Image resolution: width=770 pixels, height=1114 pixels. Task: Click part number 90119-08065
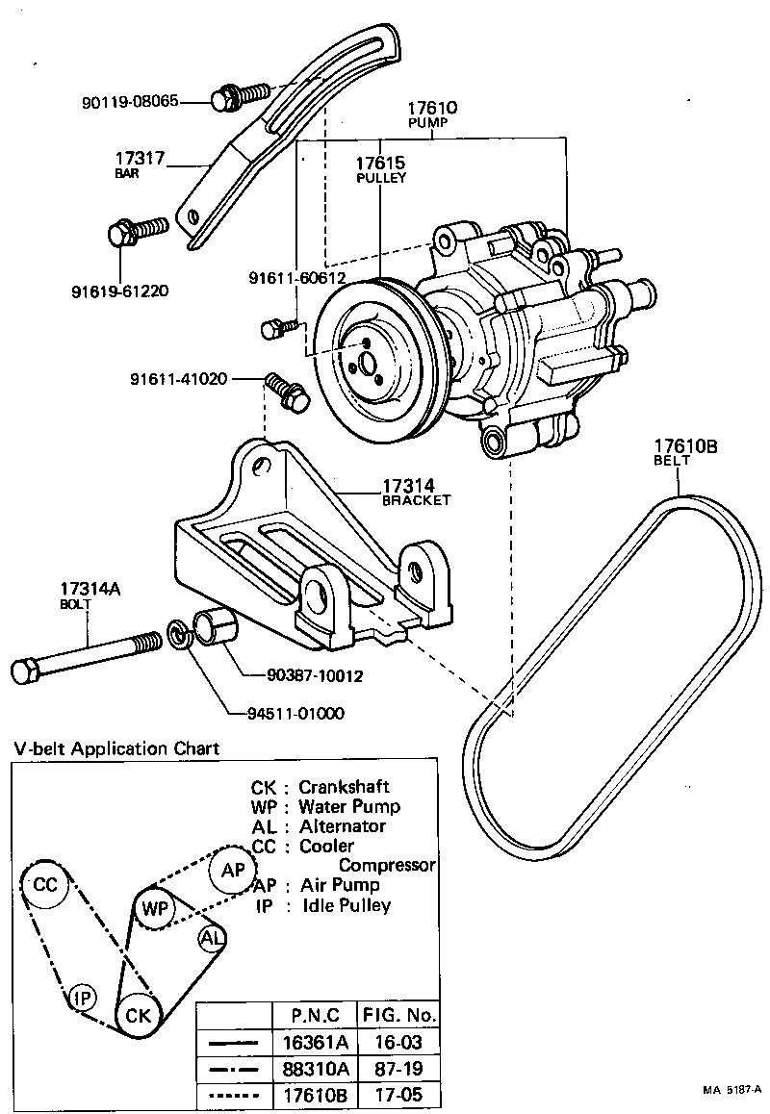(142, 99)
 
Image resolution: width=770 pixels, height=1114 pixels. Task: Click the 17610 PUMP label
(430, 115)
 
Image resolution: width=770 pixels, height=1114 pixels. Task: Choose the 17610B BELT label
(686, 452)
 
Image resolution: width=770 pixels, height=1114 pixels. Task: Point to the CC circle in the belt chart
(45, 886)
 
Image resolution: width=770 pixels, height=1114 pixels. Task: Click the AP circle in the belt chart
(233, 870)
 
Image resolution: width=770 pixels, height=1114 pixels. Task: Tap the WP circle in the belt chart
(155, 908)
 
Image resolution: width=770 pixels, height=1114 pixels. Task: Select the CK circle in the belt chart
(138, 1015)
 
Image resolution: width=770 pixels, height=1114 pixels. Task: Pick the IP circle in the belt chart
(84, 999)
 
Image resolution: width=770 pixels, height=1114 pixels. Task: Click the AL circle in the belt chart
(212, 938)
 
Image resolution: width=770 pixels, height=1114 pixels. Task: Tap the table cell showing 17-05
(398, 1095)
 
